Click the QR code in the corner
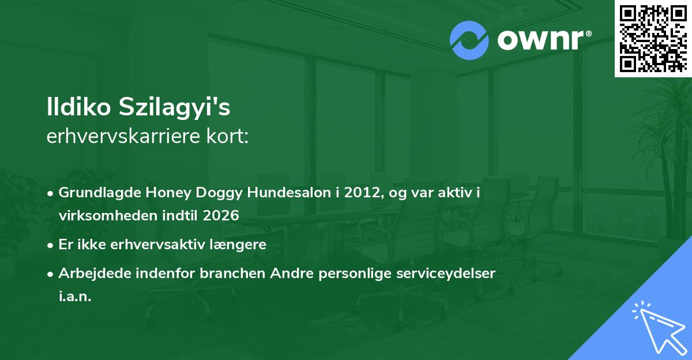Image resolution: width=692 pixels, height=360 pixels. tap(653, 38)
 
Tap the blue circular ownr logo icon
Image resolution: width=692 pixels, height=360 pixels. tap(469, 40)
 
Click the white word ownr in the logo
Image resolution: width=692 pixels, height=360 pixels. tap(541, 40)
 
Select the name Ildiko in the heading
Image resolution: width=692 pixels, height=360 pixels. tap(79, 107)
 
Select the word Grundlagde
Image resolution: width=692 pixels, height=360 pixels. tap(99, 193)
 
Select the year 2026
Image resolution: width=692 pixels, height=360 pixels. tap(221, 215)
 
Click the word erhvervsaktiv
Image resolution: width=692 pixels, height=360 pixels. tap(157, 245)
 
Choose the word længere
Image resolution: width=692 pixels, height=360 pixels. tap(238, 245)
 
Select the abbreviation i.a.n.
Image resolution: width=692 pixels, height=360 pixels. tap(75, 297)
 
